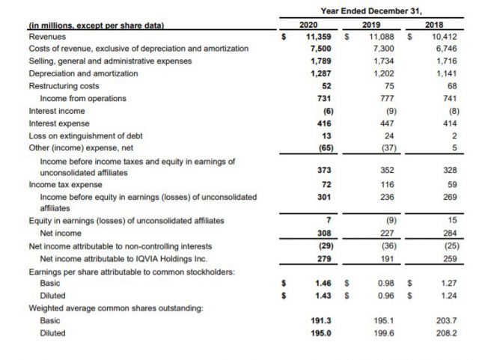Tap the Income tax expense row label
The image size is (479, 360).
(x=66, y=183)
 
